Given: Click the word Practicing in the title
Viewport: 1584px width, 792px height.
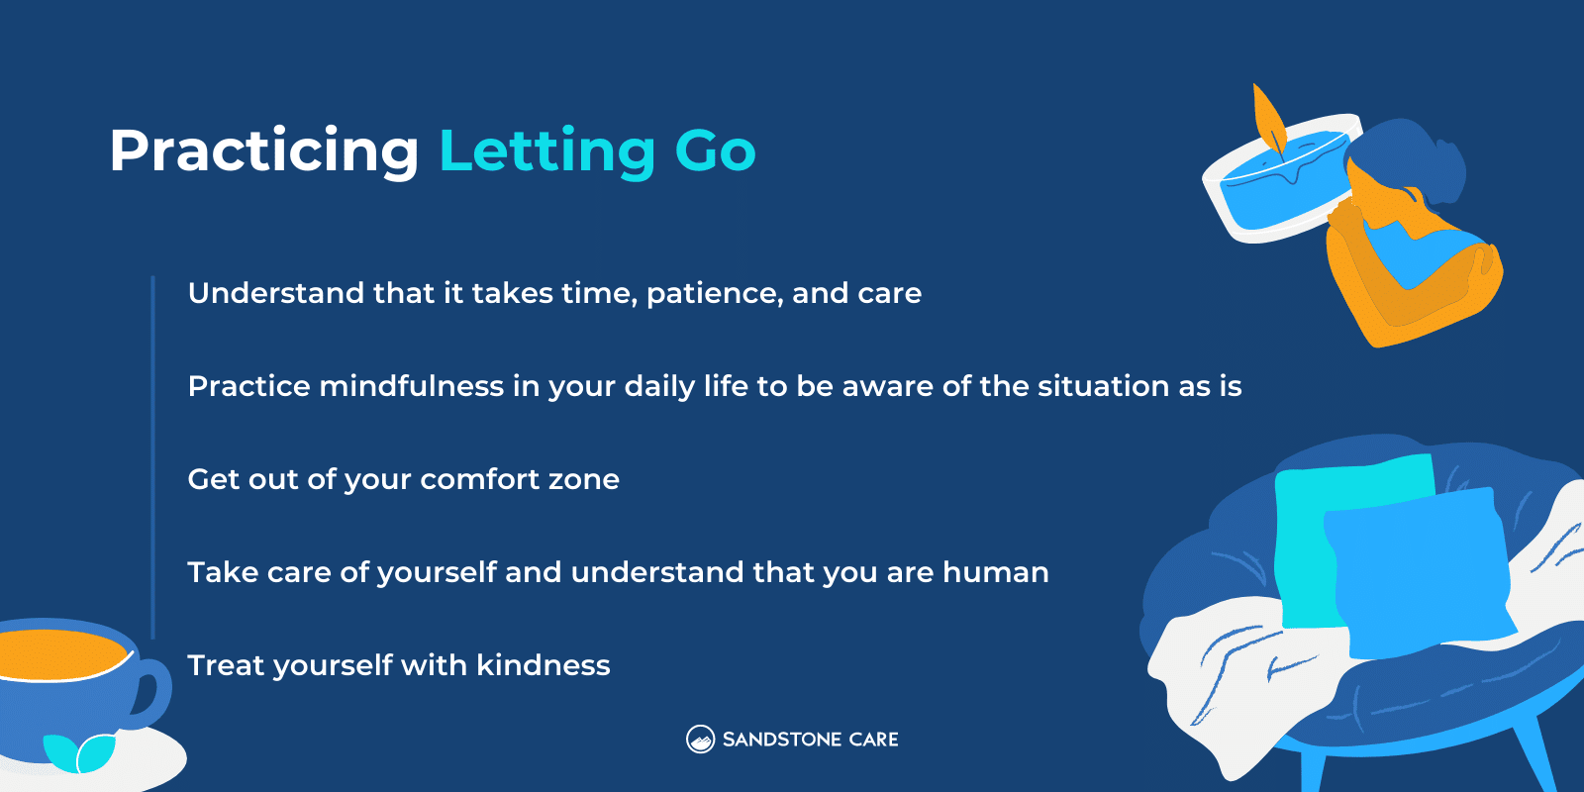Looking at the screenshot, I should pyautogui.click(x=263, y=151).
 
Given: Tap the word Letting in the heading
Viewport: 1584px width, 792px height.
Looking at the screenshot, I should pyautogui.click(x=546, y=151).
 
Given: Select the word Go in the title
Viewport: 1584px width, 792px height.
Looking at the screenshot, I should pyautogui.click(x=715, y=151).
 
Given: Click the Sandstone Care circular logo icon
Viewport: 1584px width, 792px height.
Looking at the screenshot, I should pyautogui.click(x=700, y=740).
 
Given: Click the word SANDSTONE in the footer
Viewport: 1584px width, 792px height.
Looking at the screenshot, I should pyautogui.click(x=781, y=740).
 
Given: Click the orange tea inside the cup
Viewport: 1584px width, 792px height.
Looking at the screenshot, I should pyautogui.click(x=59, y=653).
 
